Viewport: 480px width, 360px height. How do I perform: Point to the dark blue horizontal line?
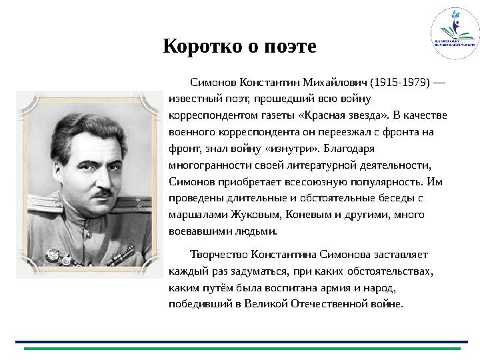(240, 341)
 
